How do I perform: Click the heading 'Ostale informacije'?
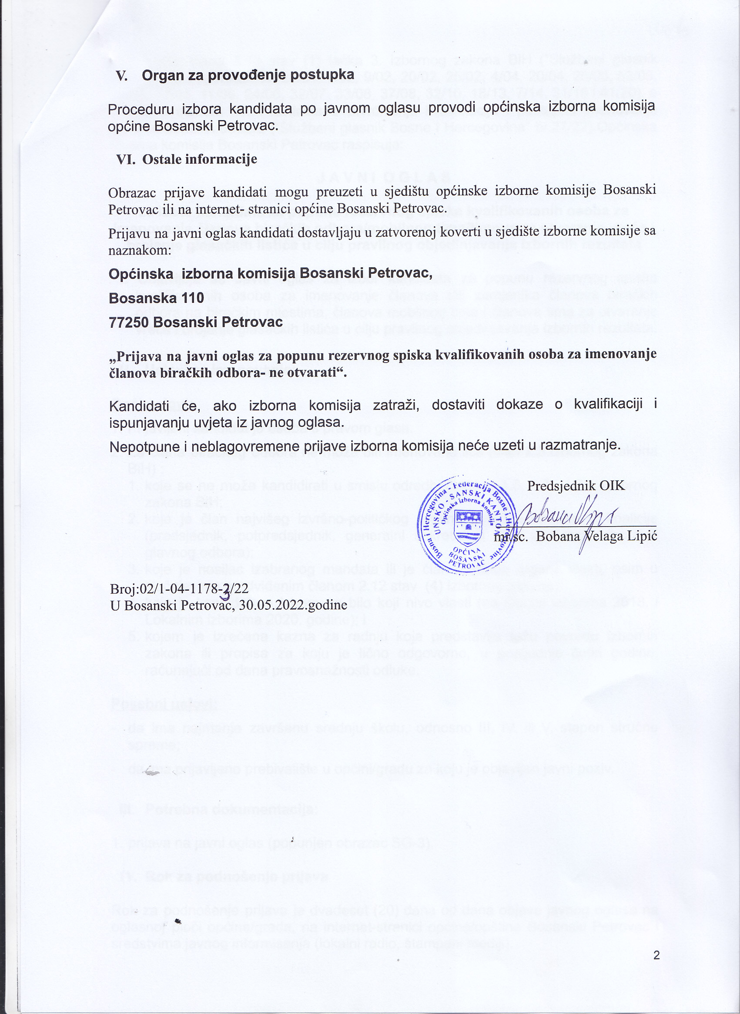(x=199, y=159)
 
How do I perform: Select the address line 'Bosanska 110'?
(x=156, y=298)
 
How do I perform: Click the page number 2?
(x=656, y=956)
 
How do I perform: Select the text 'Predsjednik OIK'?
(x=576, y=486)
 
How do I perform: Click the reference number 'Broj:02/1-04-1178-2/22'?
(x=179, y=589)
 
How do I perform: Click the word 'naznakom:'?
(x=140, y=250)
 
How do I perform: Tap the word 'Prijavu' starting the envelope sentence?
(x=128, y=234)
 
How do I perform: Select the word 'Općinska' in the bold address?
(x=141, y=273)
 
